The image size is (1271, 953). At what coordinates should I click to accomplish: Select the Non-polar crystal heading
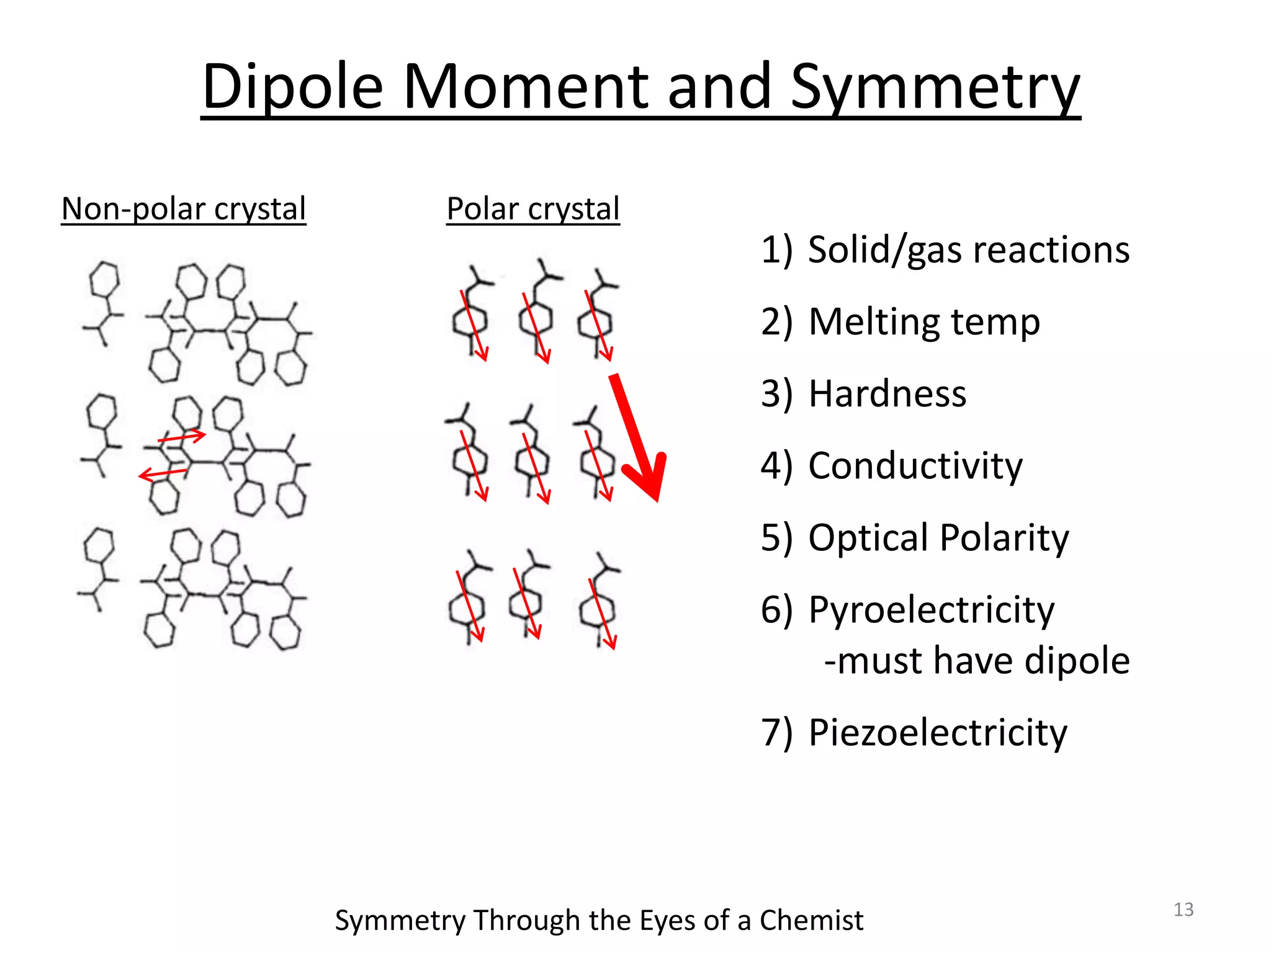pos(184,208)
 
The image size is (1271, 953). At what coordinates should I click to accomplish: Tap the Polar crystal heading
pos(533,208)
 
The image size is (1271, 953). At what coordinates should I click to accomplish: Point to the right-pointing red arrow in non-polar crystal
pos(182,437)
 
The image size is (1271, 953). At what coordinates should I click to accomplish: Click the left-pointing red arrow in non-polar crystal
pos(163,474)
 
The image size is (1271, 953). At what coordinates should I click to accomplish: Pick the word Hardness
pos(887,393)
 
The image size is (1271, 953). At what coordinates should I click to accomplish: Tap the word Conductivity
pos(915,465)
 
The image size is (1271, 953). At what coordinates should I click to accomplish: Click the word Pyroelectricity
pos(931,609)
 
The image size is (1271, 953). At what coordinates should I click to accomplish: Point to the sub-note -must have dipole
pos(977,660)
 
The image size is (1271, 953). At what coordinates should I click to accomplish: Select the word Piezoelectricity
pos(937,732)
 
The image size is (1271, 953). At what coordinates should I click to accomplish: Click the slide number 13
pos(1183,910)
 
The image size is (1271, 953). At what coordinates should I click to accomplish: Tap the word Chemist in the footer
pos(811,920)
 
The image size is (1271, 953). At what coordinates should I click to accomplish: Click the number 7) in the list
pos(776,732)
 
